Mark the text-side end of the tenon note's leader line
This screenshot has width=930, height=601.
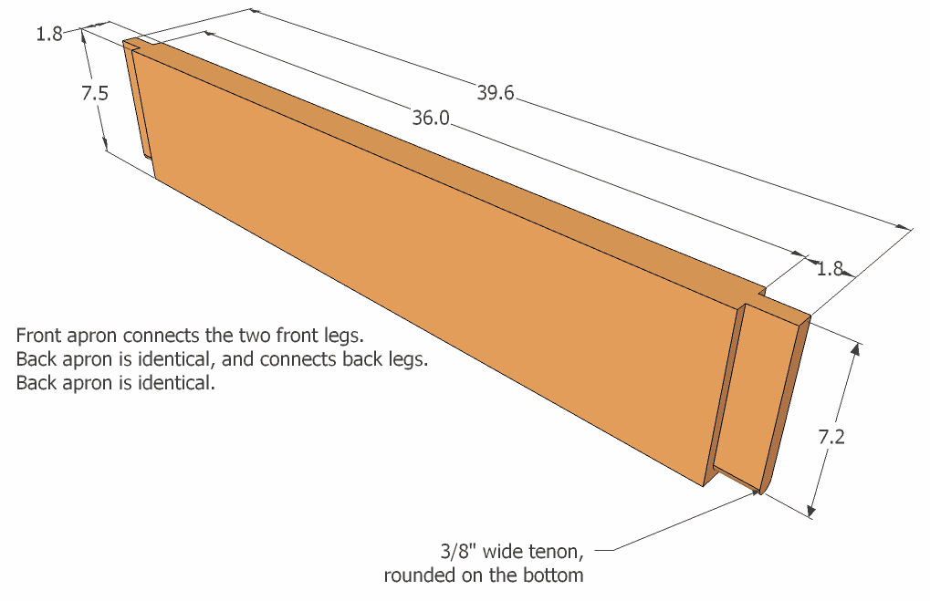coord(595,551)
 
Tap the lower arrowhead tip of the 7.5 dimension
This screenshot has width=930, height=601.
coord(107,150)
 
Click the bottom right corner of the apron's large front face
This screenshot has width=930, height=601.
coord(704,487)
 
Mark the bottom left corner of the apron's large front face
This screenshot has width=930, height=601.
coord(155,178)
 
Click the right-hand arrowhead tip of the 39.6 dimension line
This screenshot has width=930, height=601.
coord(913,229)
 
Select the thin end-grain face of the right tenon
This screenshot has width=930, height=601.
coord(786,403)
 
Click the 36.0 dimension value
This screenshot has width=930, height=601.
coord(431,118)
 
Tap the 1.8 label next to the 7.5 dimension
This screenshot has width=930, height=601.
coord(49,35)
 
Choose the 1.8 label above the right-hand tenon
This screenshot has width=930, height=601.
coord(830,269)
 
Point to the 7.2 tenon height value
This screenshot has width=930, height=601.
coord(831,437)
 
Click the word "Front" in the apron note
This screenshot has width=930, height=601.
coord(38,336)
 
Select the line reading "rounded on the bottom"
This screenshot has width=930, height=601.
coord(484,575)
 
